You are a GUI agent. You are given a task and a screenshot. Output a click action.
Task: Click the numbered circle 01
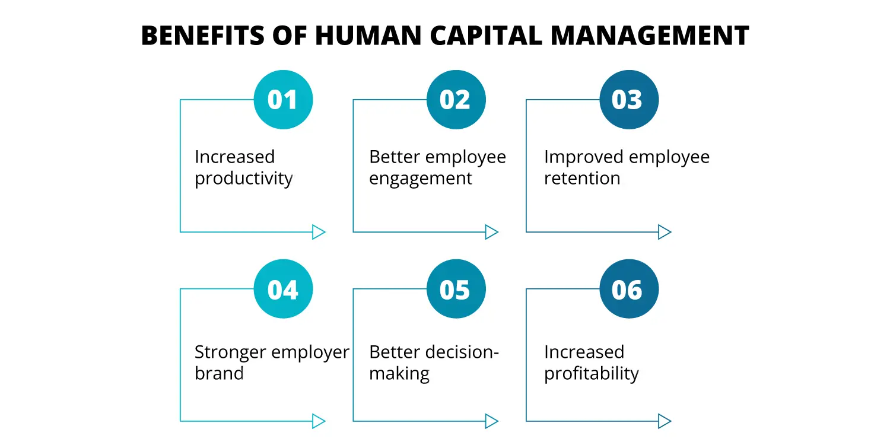pyautogui.click(x=283, y=100)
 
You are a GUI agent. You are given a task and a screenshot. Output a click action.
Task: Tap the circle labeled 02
pyautogui.click(x=456, y=100)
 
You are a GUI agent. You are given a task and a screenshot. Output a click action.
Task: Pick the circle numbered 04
pyautogui.click(x=283, y=290)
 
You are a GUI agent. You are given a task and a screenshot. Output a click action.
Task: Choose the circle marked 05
pyautogui.click(x=456, y=290)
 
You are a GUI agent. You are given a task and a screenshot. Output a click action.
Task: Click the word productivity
pyautogui.click(x=244, y=179)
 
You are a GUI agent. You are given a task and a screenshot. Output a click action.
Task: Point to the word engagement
pyautogui.click(x=421, y=179)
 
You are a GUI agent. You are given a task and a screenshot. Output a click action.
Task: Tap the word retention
pyautogui.click(x=582, y=179)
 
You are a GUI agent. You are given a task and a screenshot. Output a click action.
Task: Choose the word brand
pyautogui.click(x=219, y=374)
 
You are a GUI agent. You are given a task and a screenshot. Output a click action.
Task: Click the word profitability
pyautogui.click(x=592, y=374)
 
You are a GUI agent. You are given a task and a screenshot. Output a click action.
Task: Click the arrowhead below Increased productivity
pyautogui.click(x=319, y=232)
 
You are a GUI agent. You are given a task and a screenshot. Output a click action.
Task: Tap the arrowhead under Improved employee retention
pyautogui.click(x=665, y=232)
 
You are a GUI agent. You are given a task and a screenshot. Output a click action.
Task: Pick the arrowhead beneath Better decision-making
pyautogui.click(x=491, y=421)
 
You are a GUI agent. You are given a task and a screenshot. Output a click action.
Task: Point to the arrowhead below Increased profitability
pyautogui.click(x=665, y=421)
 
